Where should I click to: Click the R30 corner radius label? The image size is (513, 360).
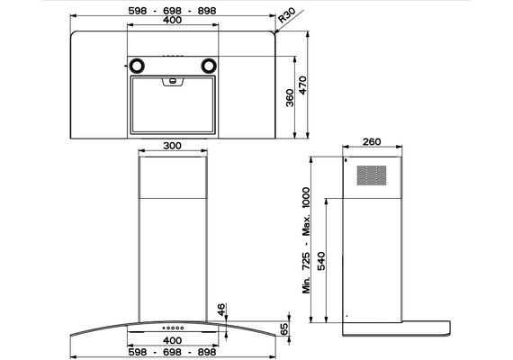[x=286, y=15]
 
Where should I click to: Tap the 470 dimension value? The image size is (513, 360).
[x=303, y=85]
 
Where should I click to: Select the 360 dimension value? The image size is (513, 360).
[x=290, y=97]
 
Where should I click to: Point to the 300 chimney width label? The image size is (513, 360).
[x=172, y=146]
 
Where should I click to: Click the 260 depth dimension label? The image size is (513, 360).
[x=372, y=141]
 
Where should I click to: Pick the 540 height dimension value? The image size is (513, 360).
[x=322, y=261]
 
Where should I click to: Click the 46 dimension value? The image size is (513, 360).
[x=221, y=310]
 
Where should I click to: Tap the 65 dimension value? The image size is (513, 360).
[x=284, y=328]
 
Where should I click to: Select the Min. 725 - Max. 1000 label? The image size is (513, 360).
[x=306, y=240]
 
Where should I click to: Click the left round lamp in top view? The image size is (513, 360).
[x=137, y=66]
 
